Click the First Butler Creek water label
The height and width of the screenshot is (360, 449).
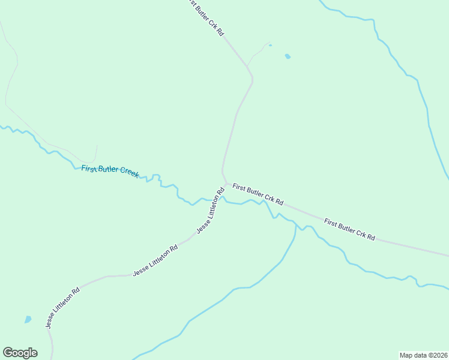pyautogui.click(x=110, y=170)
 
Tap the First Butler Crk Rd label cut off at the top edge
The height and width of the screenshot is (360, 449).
pyautogui.click(x=206, y=18)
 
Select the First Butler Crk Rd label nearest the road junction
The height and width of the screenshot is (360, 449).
pyautogui.click(x=258, y=194)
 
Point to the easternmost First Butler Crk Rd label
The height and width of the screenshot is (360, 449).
pyautogui.click(x=349, y=230)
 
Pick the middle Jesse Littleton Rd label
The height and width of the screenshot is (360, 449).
pyautogui.click(x=155, y=260)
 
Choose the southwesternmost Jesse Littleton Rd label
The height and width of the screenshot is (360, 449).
pyautogui.click(x=62, y=308)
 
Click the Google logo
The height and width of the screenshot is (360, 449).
pyautogui.click(x=20, y=353)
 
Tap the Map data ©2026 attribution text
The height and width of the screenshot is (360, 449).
pyautogui.click(x=423, y=355)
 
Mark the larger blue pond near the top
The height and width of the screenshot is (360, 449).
pyautogui.click(x=288, y=56)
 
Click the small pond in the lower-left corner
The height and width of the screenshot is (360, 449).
pyautogui.click(x=28, y=319)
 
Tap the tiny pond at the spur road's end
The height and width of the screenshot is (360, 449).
pyautogui.click(x=270, y=44)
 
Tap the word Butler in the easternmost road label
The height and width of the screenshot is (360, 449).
pyautogui.click(x=349, y=230)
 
